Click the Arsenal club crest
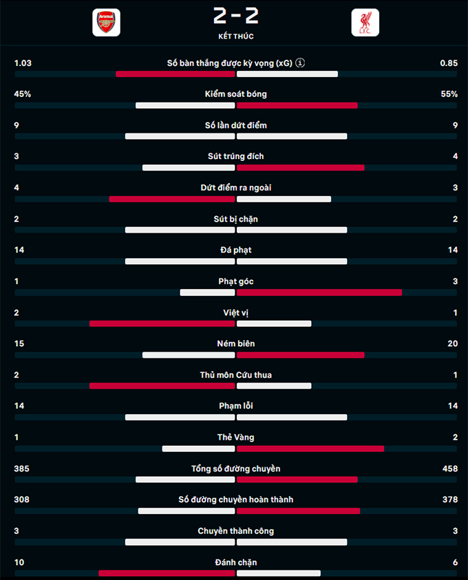[106, 22]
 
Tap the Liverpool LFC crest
[365, 22]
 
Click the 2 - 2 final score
[235, 16]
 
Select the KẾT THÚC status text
[235, 36]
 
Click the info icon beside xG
[300, 63]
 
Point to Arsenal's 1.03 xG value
[23, 63]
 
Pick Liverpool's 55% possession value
[449, 94]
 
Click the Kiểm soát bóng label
[235, 94]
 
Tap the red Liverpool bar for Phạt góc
[319, 292]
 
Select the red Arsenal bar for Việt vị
[162, 323]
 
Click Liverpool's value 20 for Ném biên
[452, 343]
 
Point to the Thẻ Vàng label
[235, 437]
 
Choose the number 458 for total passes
[449, 469]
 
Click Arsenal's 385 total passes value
[23, 469]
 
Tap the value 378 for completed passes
[449, 500]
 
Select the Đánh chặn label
[235, 562]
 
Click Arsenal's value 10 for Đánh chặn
[19, 562]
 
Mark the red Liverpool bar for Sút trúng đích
[301, 168]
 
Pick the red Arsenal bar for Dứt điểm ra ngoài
[172, 200]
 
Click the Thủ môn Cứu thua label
[235, 375]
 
